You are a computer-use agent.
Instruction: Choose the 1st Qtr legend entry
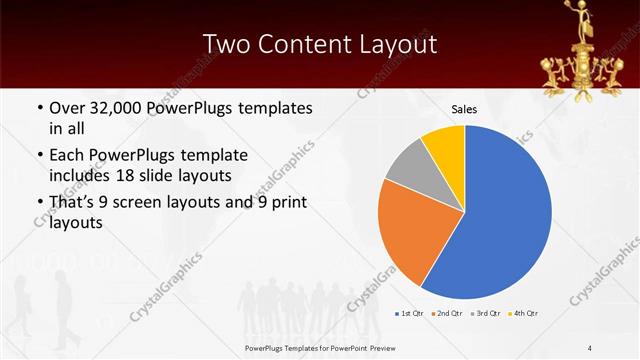pyautogui.click(x=410, y=313)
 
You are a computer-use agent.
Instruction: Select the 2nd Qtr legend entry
pyautogui.click(x=446, y=313)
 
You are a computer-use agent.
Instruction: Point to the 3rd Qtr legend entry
pyautogui.click(x=486, y=313)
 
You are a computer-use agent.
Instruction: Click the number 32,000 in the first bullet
pyautogui.click(x=116, y=108)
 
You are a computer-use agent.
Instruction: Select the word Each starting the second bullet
pyautogui.click(x=68, y=155)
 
